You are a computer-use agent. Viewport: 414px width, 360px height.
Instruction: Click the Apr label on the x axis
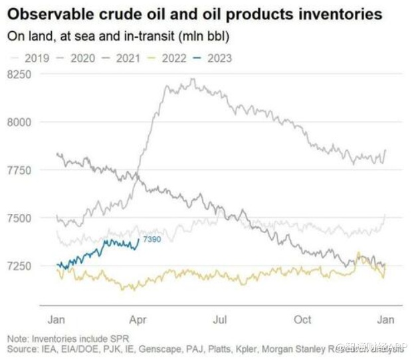[137, 319]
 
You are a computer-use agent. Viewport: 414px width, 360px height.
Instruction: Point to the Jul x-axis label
[220, 319]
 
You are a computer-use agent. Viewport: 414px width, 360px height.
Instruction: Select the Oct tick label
[303, 319]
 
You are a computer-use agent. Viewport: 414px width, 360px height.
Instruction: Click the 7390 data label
[152, 240]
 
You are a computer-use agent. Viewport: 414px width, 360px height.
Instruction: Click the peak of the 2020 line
[192, 79]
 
